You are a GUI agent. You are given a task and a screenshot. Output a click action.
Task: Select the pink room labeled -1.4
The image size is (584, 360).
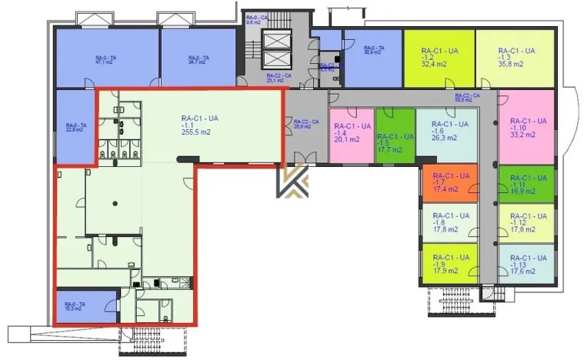tap(352, 135)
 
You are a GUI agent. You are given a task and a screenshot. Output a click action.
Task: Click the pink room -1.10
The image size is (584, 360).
tap(526, 126)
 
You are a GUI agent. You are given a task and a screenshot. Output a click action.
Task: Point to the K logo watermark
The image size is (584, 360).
tap(293, 185)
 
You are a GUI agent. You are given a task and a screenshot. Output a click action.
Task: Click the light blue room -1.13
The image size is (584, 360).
tap(526, 265)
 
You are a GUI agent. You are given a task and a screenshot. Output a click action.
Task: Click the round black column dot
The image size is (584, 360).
tap(113, 203)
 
